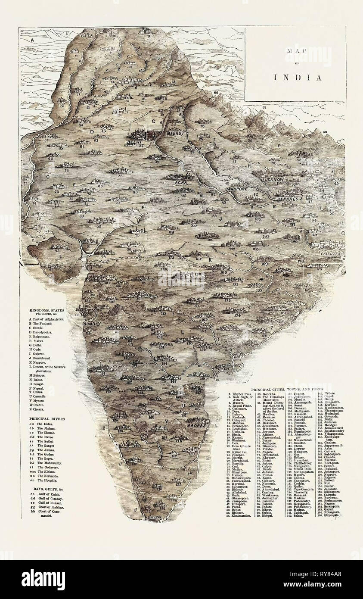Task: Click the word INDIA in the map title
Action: pyautogui.click(x=298, y=78)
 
